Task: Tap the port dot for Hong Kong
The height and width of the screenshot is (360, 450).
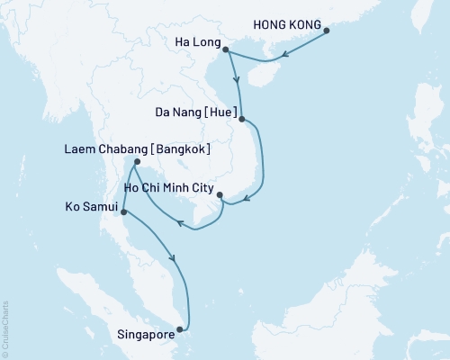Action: [327, 31]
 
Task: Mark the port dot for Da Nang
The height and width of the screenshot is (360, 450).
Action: [242, 118]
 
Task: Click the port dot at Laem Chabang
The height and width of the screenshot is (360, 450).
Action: [135, 163]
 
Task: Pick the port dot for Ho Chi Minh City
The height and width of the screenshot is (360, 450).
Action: [220, 193]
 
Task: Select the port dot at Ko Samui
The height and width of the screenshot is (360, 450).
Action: [123, 213]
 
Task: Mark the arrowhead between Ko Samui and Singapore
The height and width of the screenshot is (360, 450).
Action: [175, 260]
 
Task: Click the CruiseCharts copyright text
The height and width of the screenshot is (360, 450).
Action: [6, 328]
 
